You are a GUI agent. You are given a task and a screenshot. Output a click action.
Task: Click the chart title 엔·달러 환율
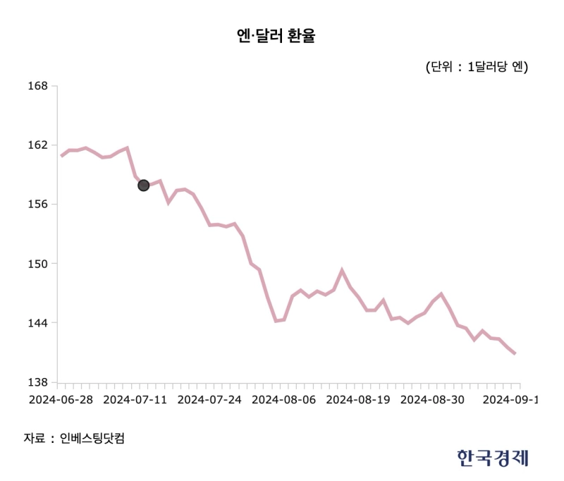coord(276,37)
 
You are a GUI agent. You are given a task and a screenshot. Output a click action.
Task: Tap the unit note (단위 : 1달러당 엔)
coord(477,67)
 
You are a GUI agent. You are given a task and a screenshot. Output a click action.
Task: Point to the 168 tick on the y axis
coord(38,86)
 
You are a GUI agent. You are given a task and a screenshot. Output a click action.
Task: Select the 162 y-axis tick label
coord(38,145)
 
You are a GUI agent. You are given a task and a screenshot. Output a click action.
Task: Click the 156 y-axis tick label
coord(38,205)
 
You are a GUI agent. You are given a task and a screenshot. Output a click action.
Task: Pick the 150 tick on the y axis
coord(38,264)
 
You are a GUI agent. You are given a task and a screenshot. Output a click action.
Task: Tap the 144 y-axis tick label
coord(38,323)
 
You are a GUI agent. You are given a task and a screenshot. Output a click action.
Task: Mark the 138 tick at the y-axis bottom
coord(38,382)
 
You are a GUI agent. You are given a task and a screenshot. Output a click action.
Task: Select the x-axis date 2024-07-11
coord(135,400)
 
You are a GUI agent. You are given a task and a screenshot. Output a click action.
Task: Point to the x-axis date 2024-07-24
coord(209,400)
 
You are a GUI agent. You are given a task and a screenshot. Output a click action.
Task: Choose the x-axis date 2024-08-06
coord(283,400)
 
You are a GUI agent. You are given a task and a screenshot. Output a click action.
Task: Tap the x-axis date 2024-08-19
coord(358,400)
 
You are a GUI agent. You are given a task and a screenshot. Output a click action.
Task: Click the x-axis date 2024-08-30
coord(432,400)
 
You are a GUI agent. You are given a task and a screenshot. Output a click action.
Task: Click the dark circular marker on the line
coord(143,185)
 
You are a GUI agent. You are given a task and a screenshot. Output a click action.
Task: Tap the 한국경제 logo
coord(492,458)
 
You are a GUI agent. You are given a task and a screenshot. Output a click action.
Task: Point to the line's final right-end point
coord(515,353)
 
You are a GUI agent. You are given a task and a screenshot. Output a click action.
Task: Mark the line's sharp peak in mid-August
coord(342,270)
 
